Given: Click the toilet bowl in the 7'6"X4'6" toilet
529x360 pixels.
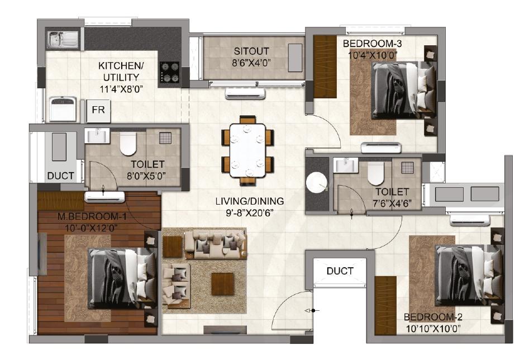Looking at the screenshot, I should pyautogui.click(x=375, y=174).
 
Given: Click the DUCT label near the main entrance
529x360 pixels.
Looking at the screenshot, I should pyautogui.click(x=340, y=271).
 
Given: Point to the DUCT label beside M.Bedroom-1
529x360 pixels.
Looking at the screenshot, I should pyautogui.click(x=60, y=176).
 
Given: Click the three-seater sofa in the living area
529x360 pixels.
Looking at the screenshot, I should pyautogui.click(x=216, y=243).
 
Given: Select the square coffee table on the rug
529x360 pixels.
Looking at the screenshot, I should pyautogui.click(x=222, y=283).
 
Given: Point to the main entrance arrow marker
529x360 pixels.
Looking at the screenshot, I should pyautogui.click(x=311, y=310).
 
